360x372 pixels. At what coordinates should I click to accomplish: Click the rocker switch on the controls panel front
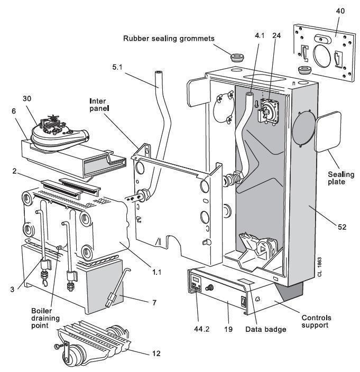coord(244,303)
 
